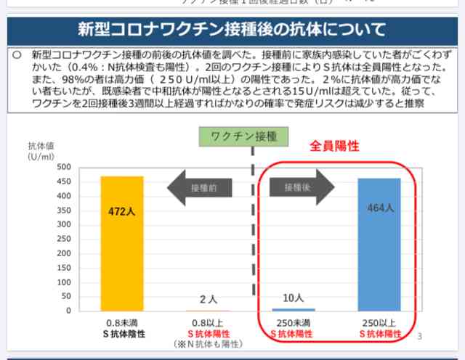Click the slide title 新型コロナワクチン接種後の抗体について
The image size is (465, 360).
232,30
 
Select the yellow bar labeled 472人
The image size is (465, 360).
122,243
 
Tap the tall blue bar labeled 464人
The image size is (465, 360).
379,244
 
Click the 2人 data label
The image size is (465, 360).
208,299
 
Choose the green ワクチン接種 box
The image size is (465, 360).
243,136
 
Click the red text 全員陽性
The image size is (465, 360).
335,146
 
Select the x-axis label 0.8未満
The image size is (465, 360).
122,323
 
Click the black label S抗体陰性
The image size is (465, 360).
122,333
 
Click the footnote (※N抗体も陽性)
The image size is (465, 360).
208,343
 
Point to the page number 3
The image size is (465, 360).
420,336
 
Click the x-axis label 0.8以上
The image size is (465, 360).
208,323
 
